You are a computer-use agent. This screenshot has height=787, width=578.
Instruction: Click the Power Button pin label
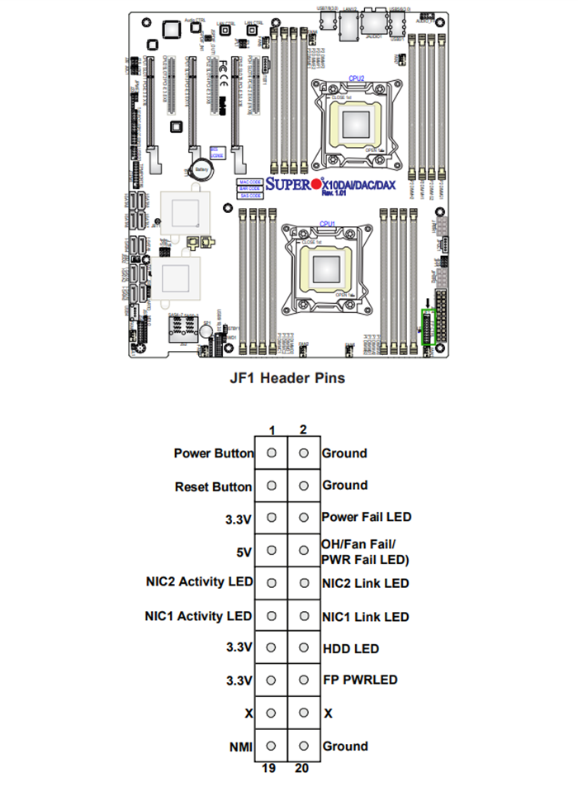click(x=212, y=453)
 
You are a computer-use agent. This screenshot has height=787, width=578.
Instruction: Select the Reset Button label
click(x=213, y=486)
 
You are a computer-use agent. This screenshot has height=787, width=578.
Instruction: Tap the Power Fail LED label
click(x=366, y=517)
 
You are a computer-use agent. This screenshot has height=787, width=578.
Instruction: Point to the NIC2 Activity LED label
click(x=198, y=582)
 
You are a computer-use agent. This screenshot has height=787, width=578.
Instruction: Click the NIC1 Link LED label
click(x=365, y=616)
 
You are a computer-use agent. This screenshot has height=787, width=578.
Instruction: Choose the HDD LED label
click(x=350, y=648)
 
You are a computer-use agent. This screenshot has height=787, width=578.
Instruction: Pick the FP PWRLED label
click(x=359, y=680)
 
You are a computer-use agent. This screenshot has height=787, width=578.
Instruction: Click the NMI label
click(x=240, y=746)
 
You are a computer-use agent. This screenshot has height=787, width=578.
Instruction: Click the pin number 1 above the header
click(x=272, y=429)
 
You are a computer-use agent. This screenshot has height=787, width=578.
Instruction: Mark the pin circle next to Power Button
click(x=272, y=453)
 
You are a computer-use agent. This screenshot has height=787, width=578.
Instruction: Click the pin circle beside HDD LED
click(x=304, y=648)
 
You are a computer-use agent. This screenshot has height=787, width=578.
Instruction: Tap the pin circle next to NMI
click(x=272, y=746)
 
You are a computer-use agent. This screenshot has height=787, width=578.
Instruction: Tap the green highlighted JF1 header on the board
click(x=427, y=328)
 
